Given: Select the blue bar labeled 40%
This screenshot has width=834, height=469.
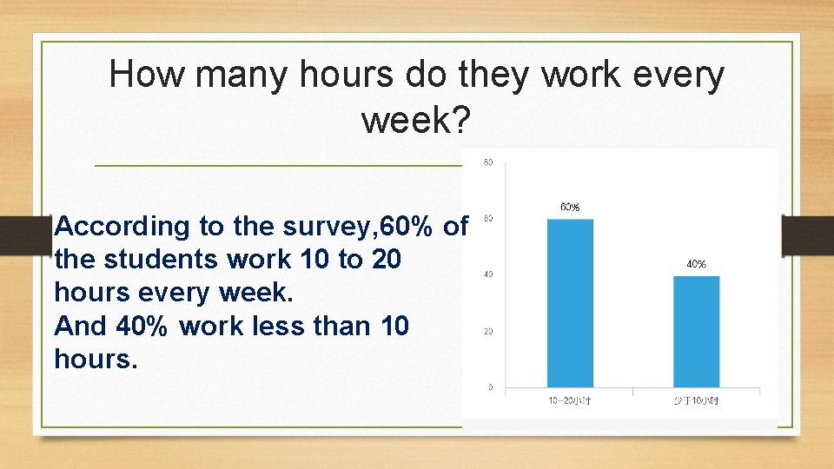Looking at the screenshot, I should pyautogui.click(x=697, y=331).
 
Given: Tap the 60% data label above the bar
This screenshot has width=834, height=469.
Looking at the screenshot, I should pyautogui.click(x=570, y=208).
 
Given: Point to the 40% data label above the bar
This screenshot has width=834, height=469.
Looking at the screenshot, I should pyautogui.click(x=697, y=264).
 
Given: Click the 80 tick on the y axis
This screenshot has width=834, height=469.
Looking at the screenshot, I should pyautogui.click(x=489, y=162).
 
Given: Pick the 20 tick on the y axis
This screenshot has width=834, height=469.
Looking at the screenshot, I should pyautogui.click(x=489, y=331).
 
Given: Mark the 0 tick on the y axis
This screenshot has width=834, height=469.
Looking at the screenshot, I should pyautogui.click(x=490, y=387).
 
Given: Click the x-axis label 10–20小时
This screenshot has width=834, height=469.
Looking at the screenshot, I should pyautogui.click(x=570, y=400).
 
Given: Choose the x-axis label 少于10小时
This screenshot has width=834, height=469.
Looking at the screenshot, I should pyautogui.click(x=697, y=400).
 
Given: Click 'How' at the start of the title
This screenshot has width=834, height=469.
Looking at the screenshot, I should pyautogui.click(x=147, y=76).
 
